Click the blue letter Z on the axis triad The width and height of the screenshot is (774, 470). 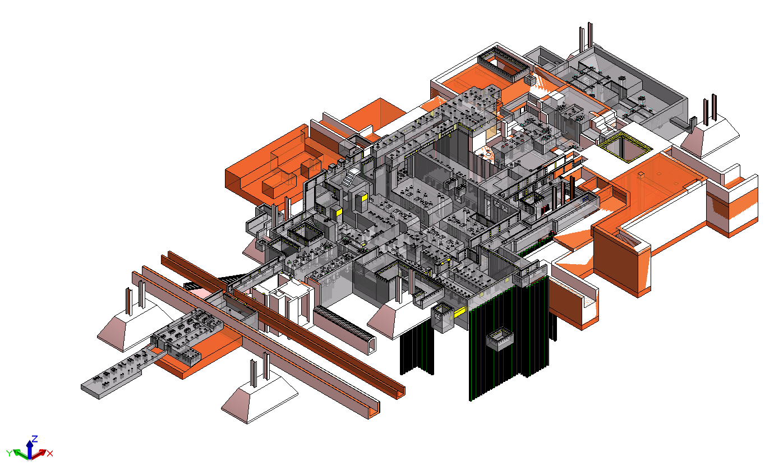tap(35, 439)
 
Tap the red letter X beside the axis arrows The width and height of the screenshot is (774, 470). tap(50, 454)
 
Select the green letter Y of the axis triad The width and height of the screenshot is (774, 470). tap(9, 453)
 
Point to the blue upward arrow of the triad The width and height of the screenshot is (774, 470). tap(30, 449)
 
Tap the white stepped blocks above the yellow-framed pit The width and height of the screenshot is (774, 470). tap(603, 121)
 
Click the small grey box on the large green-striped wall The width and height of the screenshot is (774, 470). tap(500, 339)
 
